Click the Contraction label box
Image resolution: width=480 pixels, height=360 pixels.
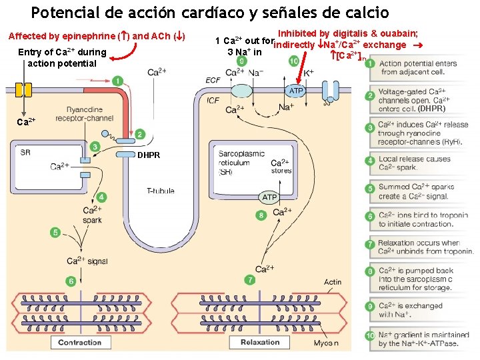pos(79,343)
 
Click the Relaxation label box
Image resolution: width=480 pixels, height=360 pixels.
pos(260,342)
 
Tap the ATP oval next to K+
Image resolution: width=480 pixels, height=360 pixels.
pos(296,90)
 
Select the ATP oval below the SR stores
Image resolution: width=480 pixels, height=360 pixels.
pos(269,197)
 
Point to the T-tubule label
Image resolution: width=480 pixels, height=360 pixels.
pos(161,191)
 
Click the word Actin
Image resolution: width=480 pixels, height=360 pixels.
pos(333,282)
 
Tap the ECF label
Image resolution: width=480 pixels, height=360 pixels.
pos(213,80)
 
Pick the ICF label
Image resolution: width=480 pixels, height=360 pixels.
pos(213,101)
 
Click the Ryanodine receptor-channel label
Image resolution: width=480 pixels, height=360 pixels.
pos(85,114)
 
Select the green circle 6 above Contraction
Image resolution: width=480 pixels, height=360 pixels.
pos(71,281)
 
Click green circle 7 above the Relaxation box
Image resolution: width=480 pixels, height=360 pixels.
pos(249,280)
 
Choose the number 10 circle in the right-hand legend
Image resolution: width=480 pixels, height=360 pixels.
pos(370,339)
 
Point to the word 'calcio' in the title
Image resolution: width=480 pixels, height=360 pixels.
pos(366,12)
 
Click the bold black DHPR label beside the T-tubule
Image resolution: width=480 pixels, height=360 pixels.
pos(149,155)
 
